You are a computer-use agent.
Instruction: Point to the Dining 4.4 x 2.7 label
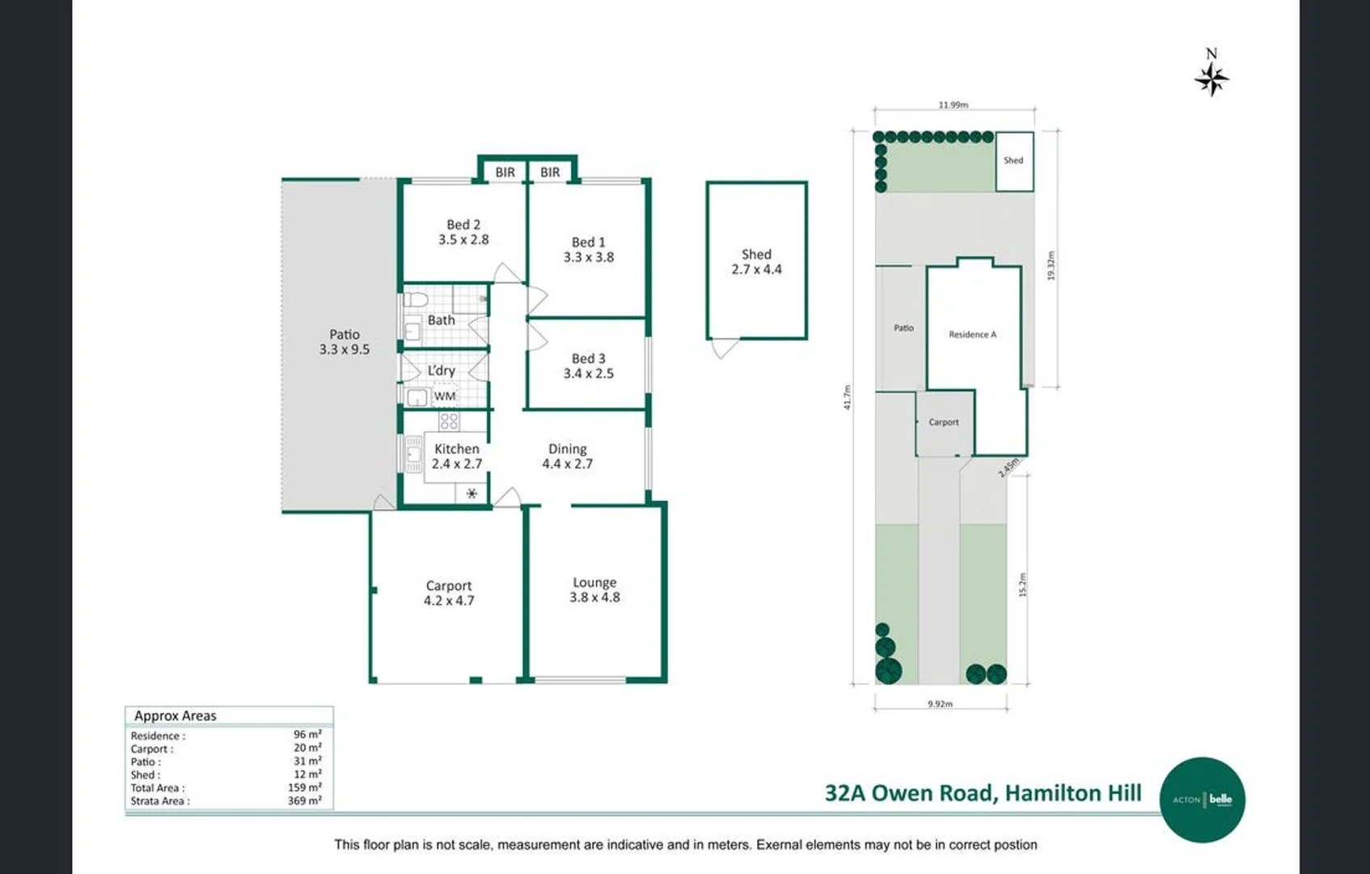coord(567,456)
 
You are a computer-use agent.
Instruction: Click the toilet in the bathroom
coord(416,300)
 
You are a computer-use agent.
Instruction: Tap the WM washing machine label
coord(445,397)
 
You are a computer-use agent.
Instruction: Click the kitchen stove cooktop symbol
coord(449,421)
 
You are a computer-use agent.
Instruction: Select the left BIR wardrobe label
coord(505,172)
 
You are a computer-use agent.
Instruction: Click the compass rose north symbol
coord(1211,78)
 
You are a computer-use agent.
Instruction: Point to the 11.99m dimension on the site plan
coord(953,105)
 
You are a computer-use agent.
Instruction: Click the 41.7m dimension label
coord(848,397)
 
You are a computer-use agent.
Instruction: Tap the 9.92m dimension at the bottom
coord(940,704)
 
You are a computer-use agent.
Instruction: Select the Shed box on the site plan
coord(1014,161)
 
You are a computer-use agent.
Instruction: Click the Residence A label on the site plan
coord(972,334)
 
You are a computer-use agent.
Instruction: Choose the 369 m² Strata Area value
coord(307,801)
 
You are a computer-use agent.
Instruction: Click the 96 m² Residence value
coord(307,735)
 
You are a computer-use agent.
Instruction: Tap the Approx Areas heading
coord(175,716)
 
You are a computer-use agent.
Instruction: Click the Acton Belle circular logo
coord(1203,800)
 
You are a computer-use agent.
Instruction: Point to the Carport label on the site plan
coord(943,422)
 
